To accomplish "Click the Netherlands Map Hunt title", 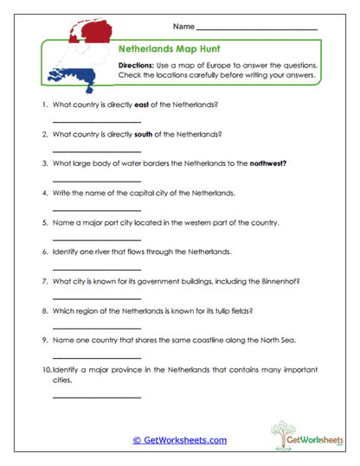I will [x=159, y=49].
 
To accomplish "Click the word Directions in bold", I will [x=136, y=66].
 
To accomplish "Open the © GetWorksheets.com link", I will [x=180, y=440].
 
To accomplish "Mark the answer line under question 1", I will [x=96, y=122].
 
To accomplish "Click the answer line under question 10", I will [x=96, y=397].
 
